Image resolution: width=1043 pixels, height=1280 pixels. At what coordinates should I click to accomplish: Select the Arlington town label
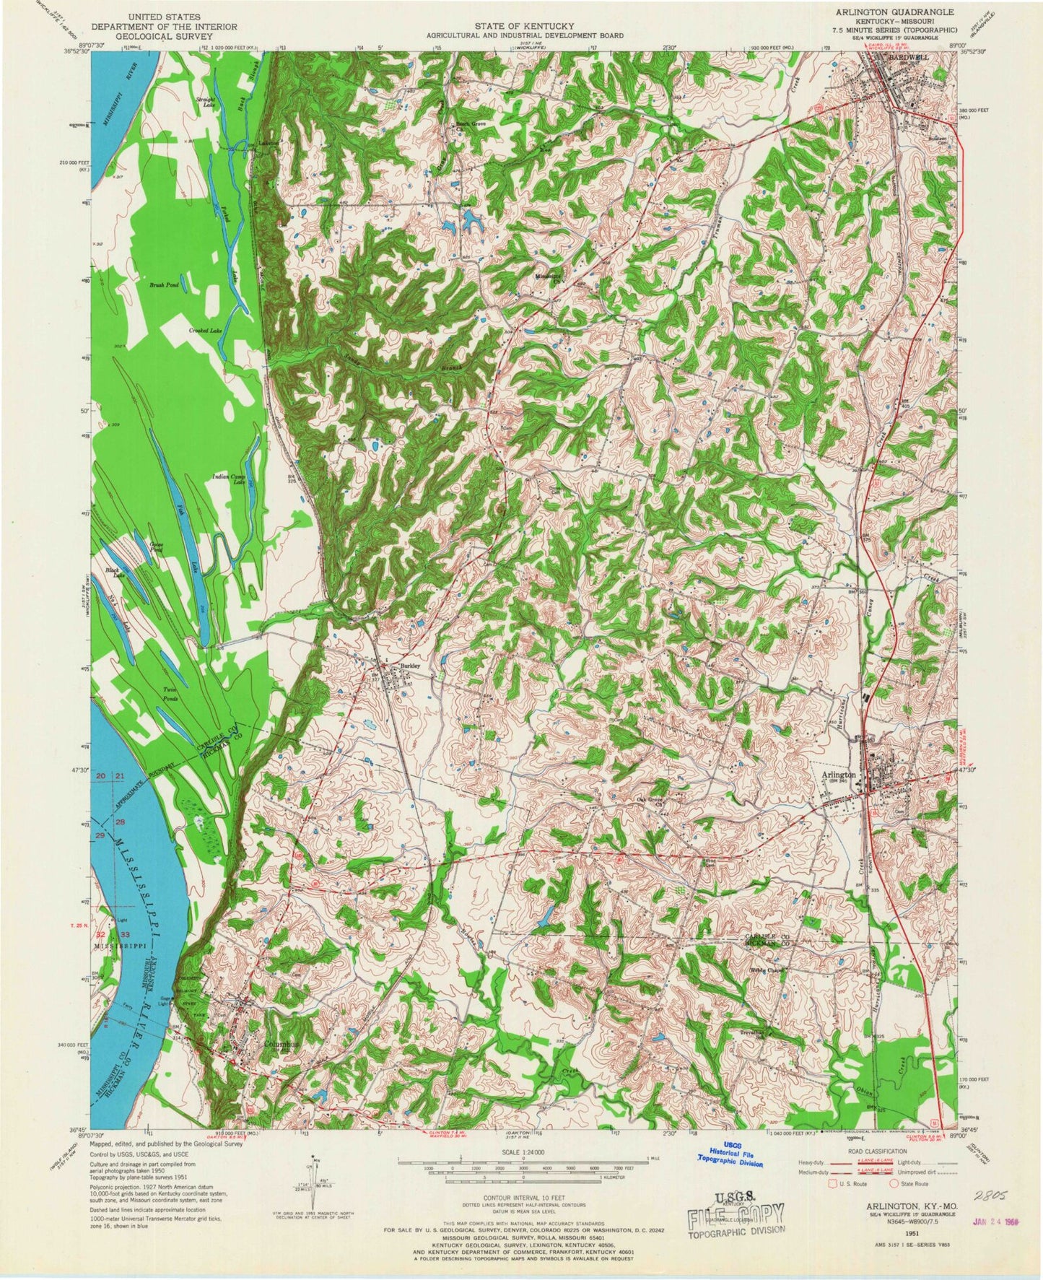(838, 774)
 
